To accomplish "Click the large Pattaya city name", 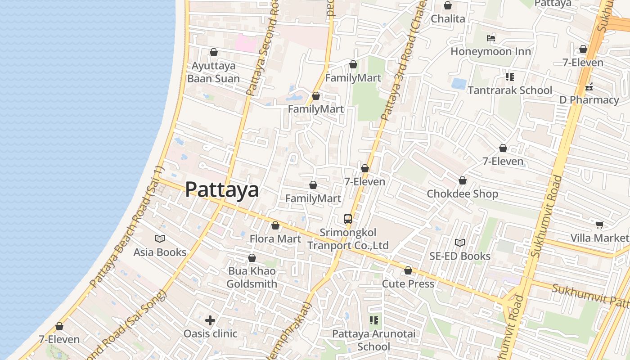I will pyautogui.click(x=222, y=189).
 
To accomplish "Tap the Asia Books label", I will pyautogui.click(x=160, y=252).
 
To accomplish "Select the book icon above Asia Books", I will pyautogui.click(x=160, y=238).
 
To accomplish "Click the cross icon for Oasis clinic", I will pyautogui.click(x=210, y=320).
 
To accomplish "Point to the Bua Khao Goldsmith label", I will pyautogui.click(x=252, y=277).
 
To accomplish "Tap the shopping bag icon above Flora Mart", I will pyautogui.click(x=275, y=225).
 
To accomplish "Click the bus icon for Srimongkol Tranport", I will pyautogui.click(x=348, y=219).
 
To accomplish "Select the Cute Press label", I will pyautogui.click(x=408, y=283).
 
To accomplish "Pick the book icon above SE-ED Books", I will pyautogui.click(x=459, y=243).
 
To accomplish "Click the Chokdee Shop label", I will pyautogui.click(x=462, y=194).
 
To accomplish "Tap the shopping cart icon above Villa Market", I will pyautogui.click(x=599, y=225).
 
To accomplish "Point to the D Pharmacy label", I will pyautogui.click(x=589, y=100).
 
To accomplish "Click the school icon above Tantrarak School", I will pyautogui.click(x=509, y=77).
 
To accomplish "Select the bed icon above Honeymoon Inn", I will pyautogui.click(x=491, y=38).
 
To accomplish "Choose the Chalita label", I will pyautogui.click(x=448, y=19).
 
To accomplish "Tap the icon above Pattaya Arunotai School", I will pyautogui.click(x=374, y=320).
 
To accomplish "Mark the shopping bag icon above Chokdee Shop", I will pyautogui.click(x=462, y=181).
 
